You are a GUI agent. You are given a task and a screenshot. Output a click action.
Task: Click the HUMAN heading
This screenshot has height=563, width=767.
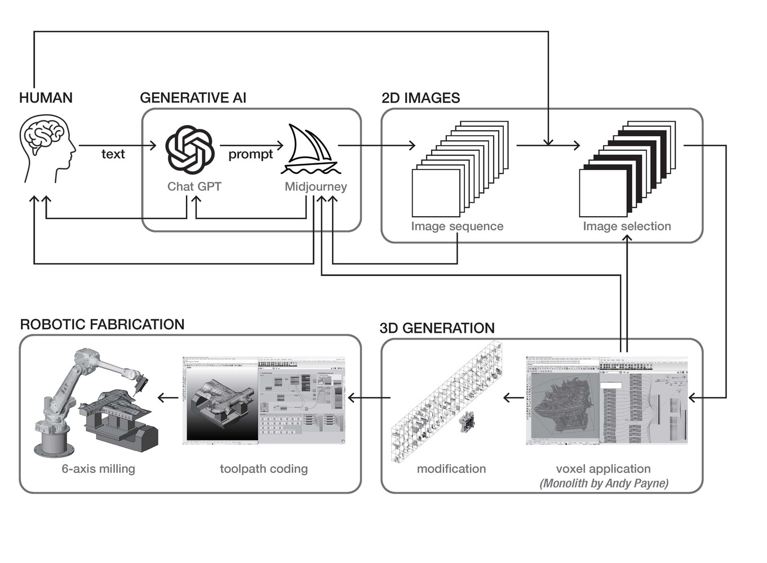point(46,98)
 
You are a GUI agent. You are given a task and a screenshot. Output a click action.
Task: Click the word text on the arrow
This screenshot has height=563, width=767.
point(113,154)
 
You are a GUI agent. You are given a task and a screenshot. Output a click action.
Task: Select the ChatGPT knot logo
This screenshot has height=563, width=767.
point(189,149)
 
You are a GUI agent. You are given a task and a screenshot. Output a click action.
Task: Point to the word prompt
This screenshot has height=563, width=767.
point(250,154)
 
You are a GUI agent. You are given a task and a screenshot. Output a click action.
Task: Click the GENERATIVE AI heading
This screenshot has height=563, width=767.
point(193,98)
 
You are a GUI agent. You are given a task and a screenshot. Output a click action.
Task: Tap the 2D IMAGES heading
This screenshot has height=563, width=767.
point(420,98)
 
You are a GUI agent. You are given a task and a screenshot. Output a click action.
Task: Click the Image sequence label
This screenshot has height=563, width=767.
point(457,226)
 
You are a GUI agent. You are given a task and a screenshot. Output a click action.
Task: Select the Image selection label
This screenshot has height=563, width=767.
point(627,226)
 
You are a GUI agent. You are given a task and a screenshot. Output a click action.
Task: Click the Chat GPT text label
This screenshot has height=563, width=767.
point(194,187)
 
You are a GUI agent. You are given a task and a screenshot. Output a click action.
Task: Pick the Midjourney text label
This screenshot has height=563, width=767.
point(316,187)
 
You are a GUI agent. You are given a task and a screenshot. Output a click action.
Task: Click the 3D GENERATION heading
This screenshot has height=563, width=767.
point(437,328)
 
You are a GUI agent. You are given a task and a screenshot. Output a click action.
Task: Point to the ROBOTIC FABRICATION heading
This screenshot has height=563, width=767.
point(102,325)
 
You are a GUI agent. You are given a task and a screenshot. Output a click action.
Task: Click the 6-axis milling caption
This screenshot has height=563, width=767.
point(98,469)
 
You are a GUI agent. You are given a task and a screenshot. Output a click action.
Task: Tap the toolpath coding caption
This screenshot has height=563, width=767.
point(264,469)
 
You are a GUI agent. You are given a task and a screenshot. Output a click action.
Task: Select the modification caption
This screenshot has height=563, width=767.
point(451,469)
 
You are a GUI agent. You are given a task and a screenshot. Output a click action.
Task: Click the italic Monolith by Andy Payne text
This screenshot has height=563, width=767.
point(604,484)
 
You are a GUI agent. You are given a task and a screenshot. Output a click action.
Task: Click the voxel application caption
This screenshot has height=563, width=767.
point(603,469)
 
